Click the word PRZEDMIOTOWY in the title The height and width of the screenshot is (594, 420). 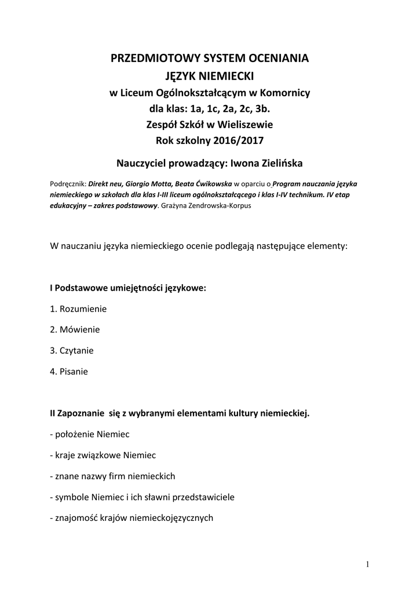tap(147, 59)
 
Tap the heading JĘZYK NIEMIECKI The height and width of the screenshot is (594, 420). tap(210, 76)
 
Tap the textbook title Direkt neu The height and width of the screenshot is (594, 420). tap(105, 182)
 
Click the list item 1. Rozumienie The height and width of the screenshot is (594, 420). tap(78, 309)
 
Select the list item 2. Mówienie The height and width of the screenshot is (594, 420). tap(75, 329)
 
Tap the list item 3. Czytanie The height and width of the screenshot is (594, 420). tap(72, 350)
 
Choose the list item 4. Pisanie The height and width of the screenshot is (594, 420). tap(69, 371)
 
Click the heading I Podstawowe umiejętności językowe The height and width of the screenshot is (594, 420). tap(128, 288)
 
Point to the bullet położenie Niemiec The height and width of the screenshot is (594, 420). tap(90, 434)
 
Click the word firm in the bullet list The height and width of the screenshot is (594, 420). tap(118, 476)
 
